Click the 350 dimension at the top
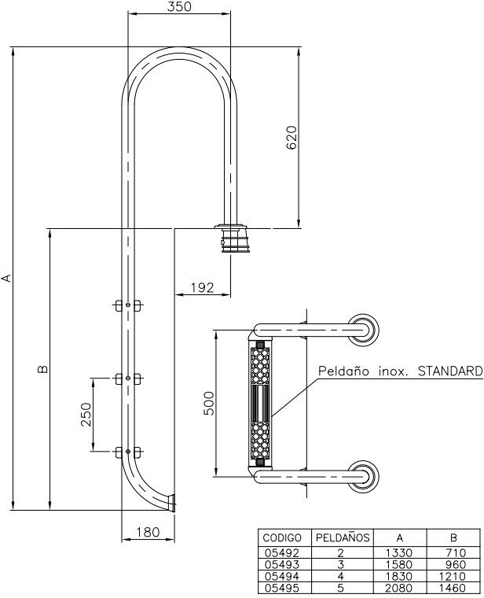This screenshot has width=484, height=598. point(179,6)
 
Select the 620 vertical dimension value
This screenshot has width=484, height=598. point(291,138)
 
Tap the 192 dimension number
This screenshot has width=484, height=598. point(202,287)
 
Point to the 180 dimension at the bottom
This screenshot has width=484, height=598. point(148,532)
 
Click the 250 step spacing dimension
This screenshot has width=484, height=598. point(86,415)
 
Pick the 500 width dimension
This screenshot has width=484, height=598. point(209,403)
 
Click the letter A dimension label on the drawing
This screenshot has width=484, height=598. point(6,278)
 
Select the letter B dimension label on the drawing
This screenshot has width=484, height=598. point(43,369)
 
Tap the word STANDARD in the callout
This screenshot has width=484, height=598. point(450,371)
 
